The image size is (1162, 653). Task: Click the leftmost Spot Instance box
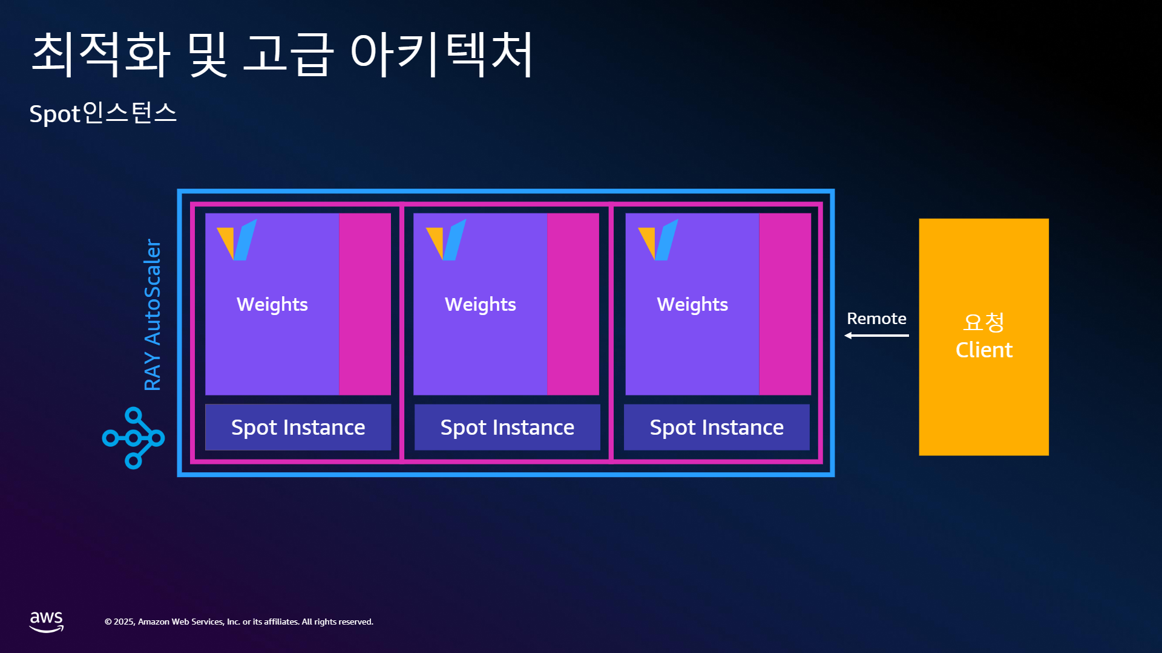(298, 427)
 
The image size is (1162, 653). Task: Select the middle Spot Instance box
(507, 427)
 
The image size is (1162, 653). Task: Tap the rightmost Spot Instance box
(717, 427)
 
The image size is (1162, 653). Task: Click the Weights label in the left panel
(272, 305)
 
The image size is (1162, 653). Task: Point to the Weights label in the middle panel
(481, 305)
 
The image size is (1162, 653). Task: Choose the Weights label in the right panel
(692, 305)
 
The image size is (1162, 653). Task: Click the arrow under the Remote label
(876, 336)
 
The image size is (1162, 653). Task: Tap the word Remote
(876, 319)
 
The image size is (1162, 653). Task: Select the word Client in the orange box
(984, 350)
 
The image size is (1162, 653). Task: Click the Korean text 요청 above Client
(984, 322)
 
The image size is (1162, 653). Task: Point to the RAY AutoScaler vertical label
(153, 314)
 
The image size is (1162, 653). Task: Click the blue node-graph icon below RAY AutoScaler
(133, 438)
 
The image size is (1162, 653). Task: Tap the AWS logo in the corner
(47, 622)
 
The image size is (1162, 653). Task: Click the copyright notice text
(239, 622)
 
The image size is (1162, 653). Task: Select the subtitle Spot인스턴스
(103, 113)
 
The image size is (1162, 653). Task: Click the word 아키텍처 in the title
(442, 54)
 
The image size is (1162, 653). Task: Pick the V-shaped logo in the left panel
(237, 240)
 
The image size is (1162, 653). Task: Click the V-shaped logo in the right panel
(658, 240)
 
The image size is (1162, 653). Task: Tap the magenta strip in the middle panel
(573, 304)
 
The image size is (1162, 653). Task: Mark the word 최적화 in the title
(101, 54)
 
